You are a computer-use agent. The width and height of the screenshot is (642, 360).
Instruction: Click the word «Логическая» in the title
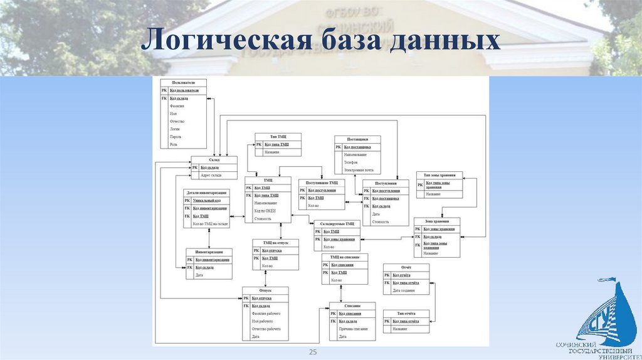[x=226, y=41]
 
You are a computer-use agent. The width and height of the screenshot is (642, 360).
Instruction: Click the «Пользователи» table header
[x=183, y=82]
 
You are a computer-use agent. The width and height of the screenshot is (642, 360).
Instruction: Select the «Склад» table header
[x=214, y=160]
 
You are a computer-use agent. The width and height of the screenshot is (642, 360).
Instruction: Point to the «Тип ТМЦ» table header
[x=278, y=137]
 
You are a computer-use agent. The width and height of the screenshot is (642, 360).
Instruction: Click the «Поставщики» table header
[x=357, y=139]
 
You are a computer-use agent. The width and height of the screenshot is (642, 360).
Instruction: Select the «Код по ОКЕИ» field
[x=265, y=211]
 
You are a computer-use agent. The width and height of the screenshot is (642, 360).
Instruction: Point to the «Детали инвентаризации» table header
[x=206, y=192]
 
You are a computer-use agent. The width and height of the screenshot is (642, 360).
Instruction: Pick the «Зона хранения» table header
[x=436, y=221]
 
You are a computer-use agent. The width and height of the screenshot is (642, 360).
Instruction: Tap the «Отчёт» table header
[x=406, y=267]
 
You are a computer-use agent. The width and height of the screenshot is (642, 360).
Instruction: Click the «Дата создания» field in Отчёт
[x=405, y=290]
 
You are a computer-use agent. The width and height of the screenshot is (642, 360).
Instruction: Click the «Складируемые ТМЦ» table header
[x=337, y=223]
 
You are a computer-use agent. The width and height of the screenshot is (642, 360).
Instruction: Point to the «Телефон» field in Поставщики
[x=351, y=162]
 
